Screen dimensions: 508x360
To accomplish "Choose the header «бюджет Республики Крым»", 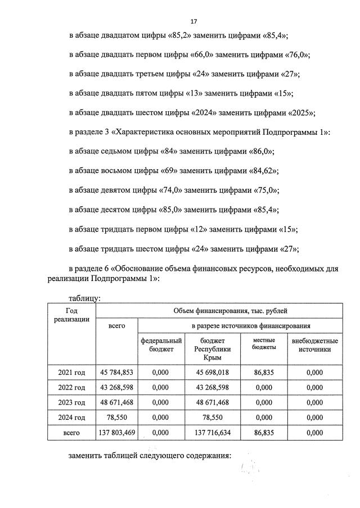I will (213, 349).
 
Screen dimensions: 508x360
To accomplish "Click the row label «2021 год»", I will (71, 371).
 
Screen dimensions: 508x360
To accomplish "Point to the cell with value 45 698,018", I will (213, 371).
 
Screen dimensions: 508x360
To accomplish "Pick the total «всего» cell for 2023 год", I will (116, 402).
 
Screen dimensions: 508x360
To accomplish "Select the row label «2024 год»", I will (71, 418).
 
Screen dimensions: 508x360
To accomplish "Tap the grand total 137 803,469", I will (116, 433).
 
